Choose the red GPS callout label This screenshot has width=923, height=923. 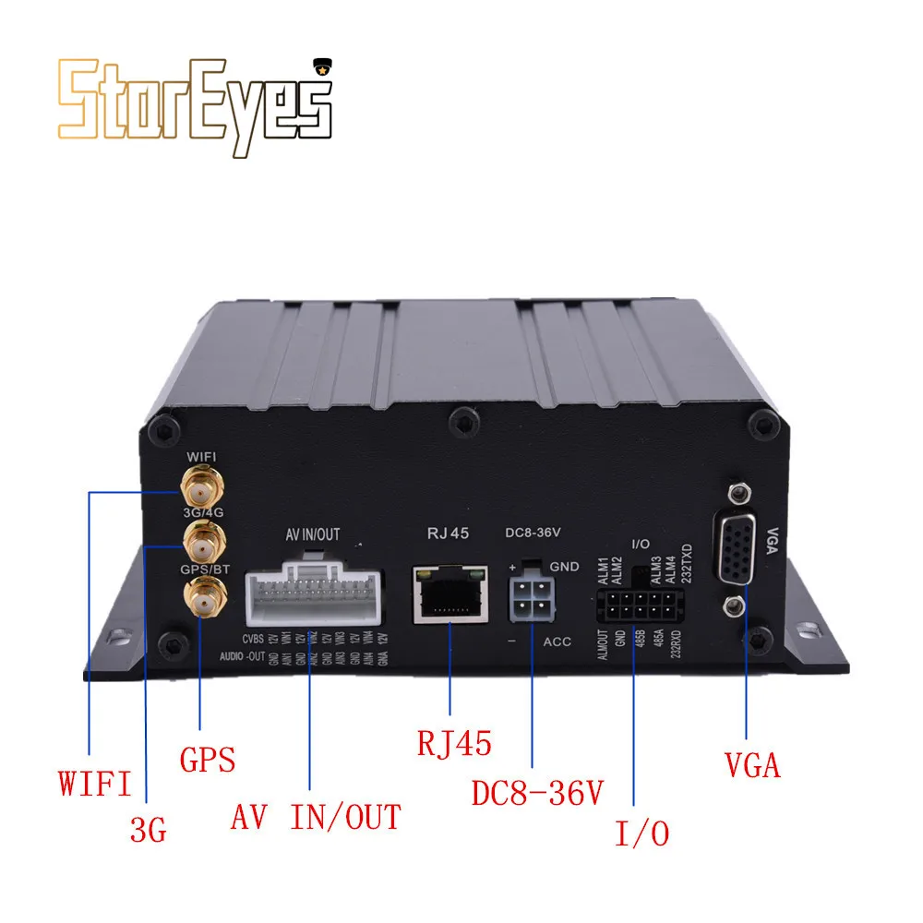[x=207, y=759]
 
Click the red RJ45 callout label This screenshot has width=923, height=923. [x=454, y=742]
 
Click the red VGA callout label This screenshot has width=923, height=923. [x=751, y=765]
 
